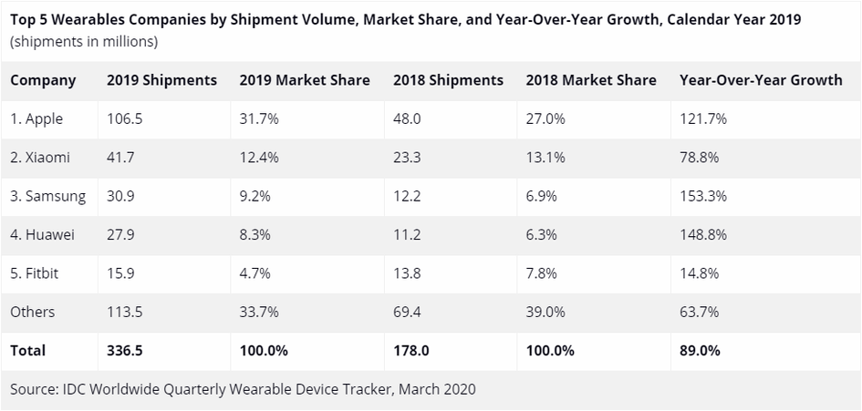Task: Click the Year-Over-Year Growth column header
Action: tap(761, 80)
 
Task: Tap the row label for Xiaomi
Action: tap(40, 158)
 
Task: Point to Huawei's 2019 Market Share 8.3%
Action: tap(255, 235)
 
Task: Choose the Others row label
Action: tap(33, 312)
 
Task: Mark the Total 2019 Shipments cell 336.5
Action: tap(125, 350)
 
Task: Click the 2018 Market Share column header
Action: tap(591, 80)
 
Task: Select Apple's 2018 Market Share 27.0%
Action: tap(546, 118)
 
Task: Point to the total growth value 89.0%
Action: tap(700, 350)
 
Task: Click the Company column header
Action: tap(43, 80)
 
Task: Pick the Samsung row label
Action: tap(48, 196)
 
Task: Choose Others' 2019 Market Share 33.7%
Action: tap(260, 312)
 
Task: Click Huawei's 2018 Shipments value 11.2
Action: tap(407, 235)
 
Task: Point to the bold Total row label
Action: tap(28, 350)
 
